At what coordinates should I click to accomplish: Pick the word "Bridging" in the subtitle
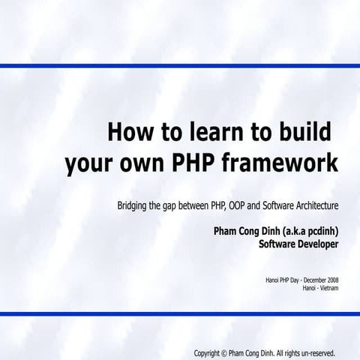(133, 205)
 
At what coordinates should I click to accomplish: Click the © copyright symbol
(222, 352)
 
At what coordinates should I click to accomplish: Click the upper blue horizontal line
(180, 66)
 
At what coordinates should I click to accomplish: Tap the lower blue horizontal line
(180, 313)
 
